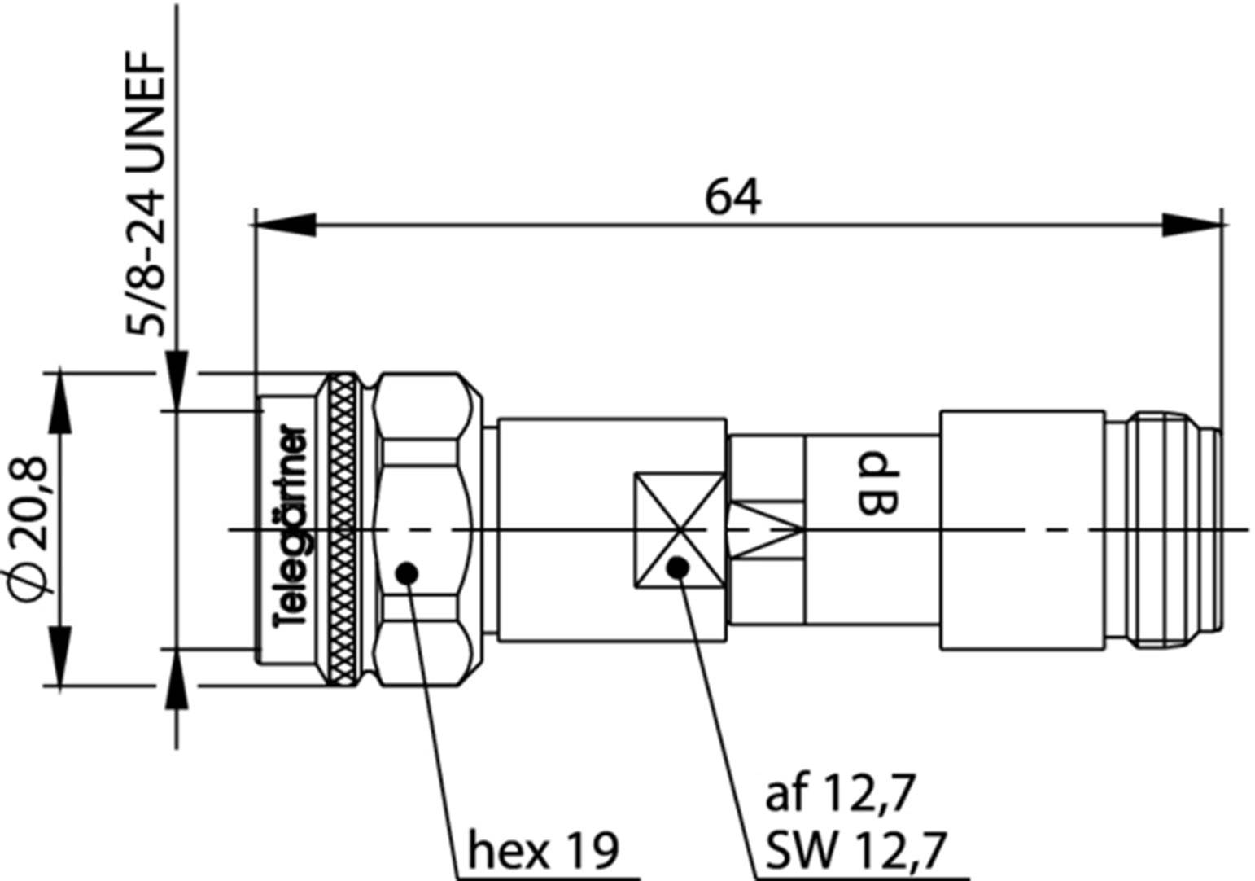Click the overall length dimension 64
tap(732, 198)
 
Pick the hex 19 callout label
tap(543, 850)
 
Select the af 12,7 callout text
tap(840, 791)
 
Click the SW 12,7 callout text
tap(855, 850)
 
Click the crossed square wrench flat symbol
tap(679, 530)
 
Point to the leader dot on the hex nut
tap(407, 573)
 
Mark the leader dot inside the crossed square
tap(677, 568)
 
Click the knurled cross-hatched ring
tap(343, 529)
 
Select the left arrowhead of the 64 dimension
tap(285, 225)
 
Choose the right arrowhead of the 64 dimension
tap(1192, 225)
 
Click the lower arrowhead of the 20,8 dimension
tap(59, 655)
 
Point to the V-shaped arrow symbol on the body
tap(766, 529)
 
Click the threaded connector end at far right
tap(1164, 530)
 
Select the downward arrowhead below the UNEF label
tap(177, 379)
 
